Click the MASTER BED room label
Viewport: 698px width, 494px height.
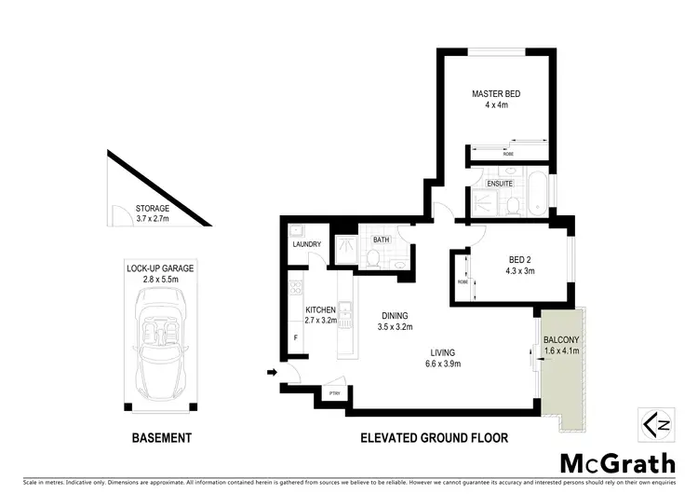click(494, 94)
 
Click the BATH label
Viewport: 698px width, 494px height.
click(381, 240)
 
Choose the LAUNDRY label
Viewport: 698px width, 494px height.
click(307, 245)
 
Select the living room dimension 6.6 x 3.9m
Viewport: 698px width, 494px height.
click(442, 364)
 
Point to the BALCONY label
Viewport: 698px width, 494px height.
click(561, 340)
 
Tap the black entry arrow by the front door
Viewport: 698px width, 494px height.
click(273, 374)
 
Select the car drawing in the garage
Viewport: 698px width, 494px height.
click(160, 343)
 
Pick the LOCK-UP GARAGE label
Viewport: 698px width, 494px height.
click(160, 268)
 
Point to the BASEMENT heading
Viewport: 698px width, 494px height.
click(160, 437)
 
